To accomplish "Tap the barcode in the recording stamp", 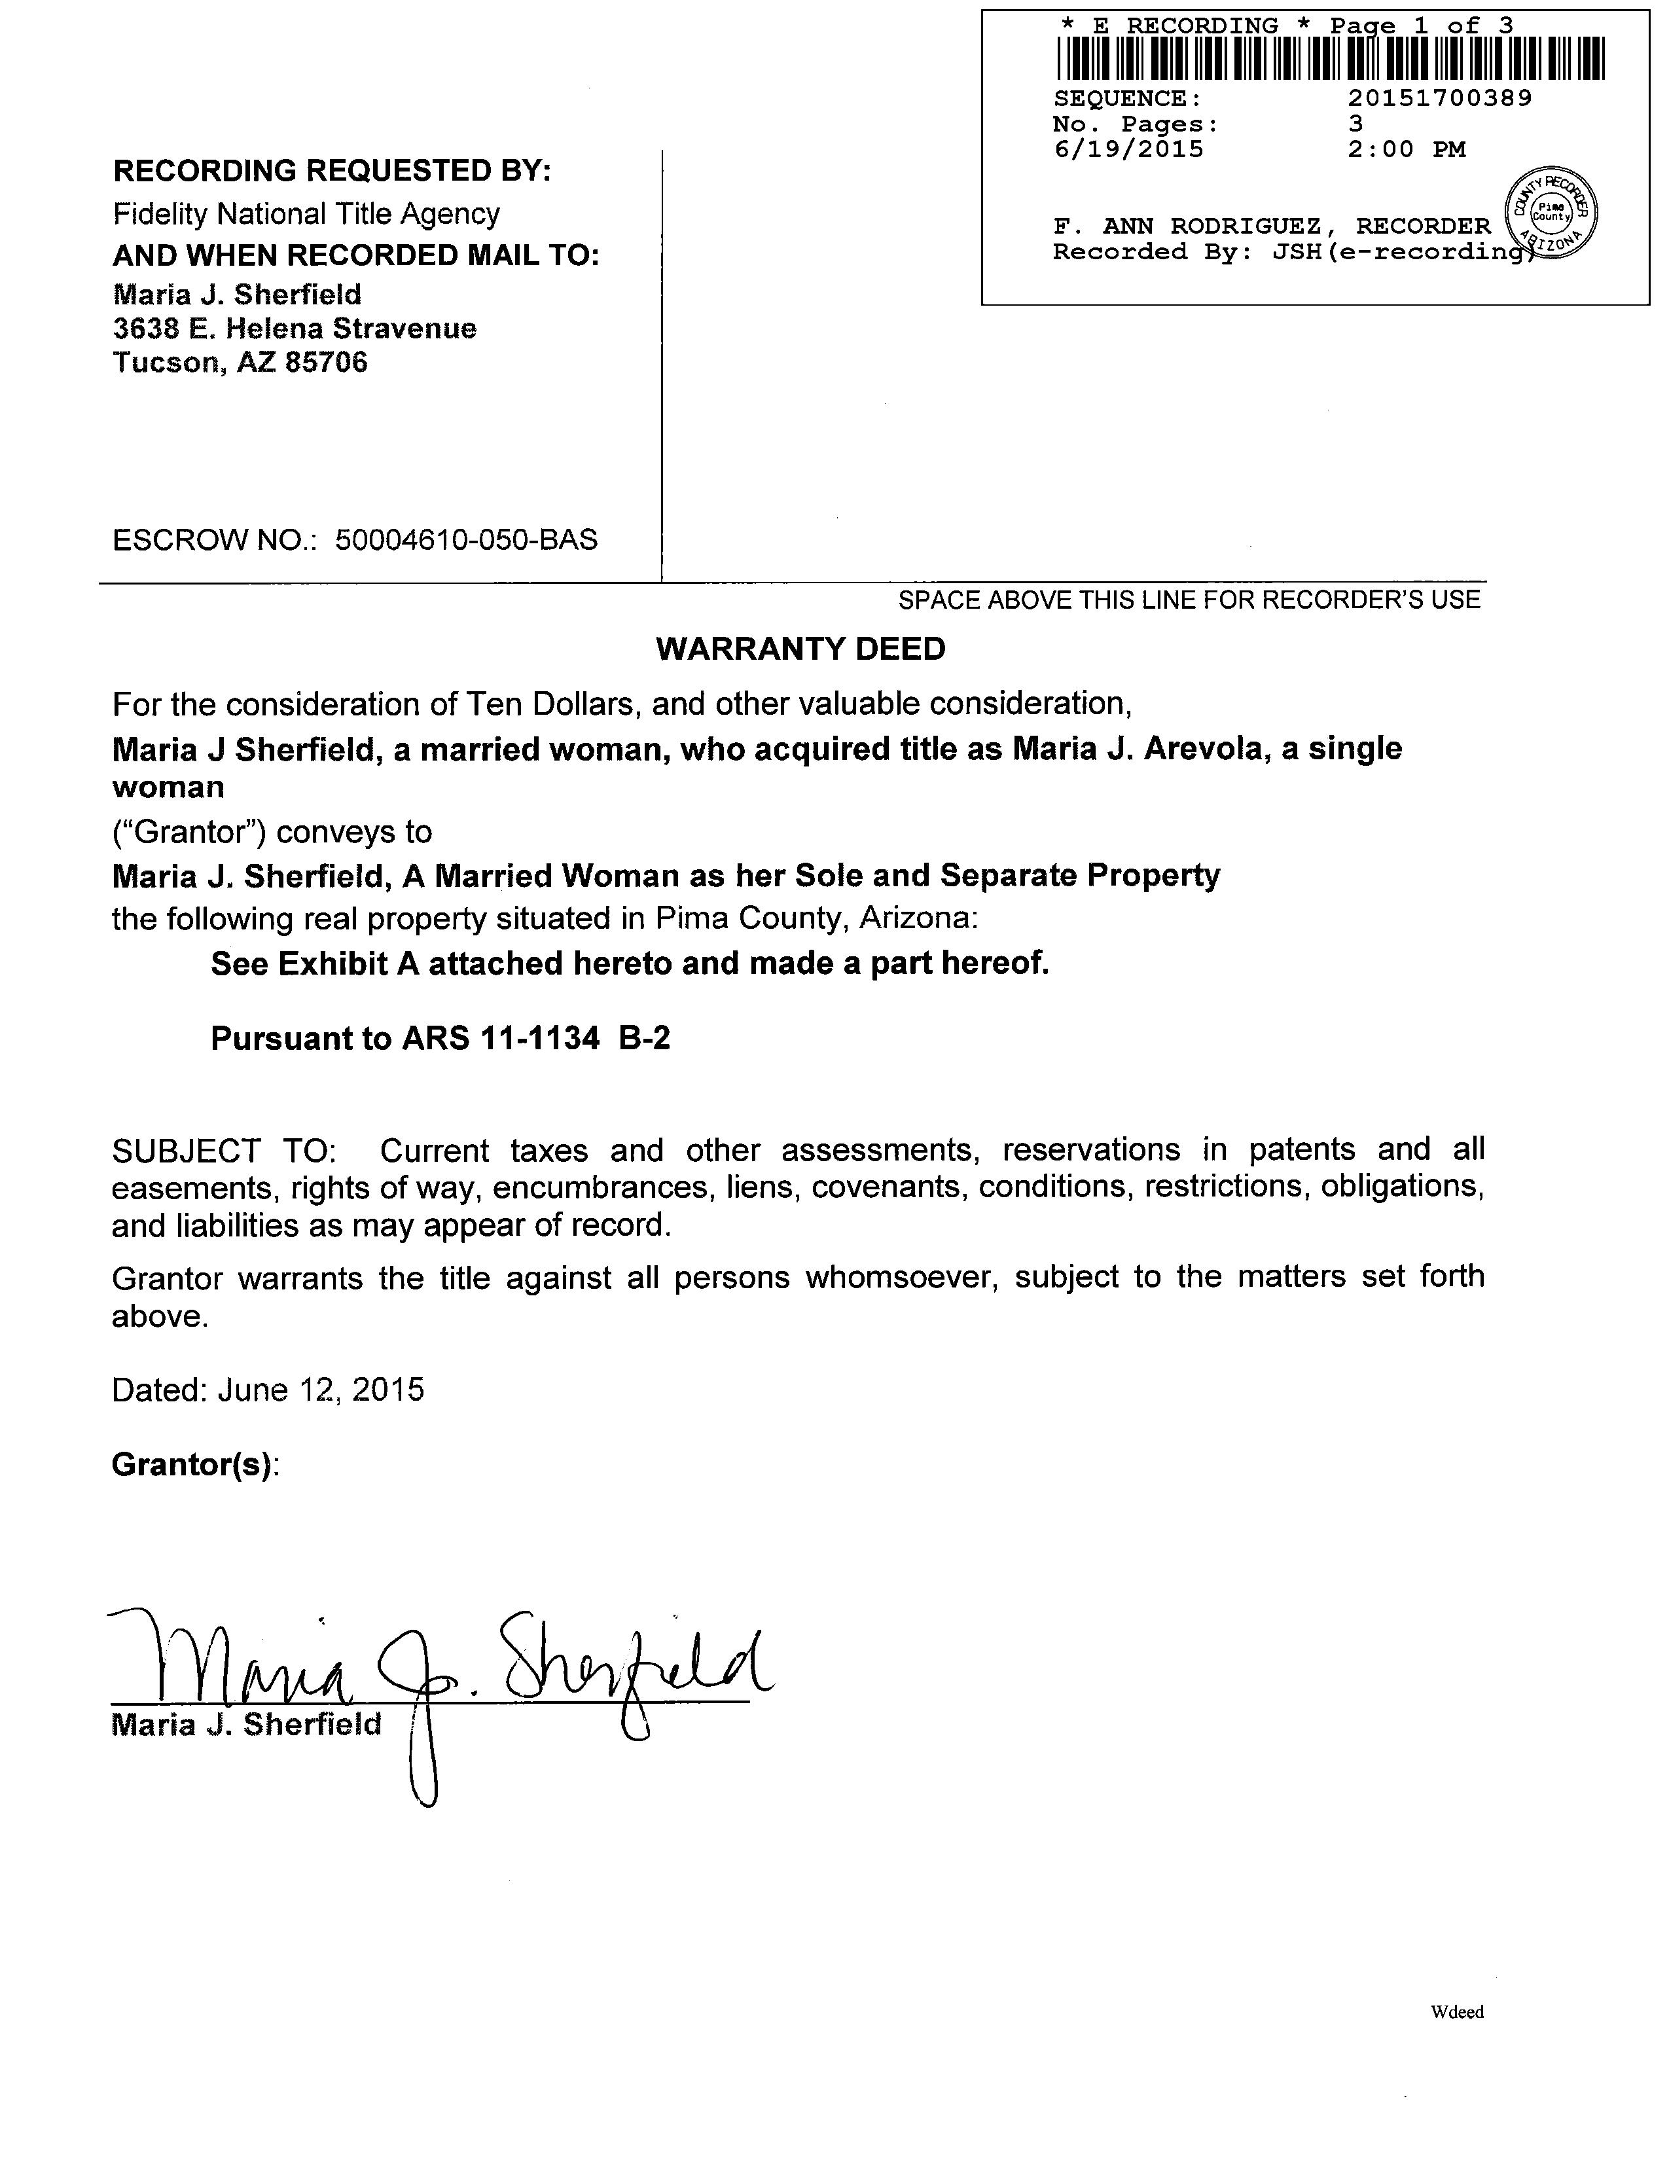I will pos(1330,58).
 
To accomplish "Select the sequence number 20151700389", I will pos(1440,98).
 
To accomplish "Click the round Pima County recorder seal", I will pos(1551,211).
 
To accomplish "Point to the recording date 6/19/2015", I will pos(1128,149).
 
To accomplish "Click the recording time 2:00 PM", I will pos(1406,149).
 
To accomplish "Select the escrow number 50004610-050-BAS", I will pos(466,540).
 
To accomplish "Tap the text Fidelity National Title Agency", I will pos(306,213).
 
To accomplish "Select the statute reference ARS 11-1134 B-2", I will pos(535,1039).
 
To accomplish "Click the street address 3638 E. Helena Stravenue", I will pos(295,329).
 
